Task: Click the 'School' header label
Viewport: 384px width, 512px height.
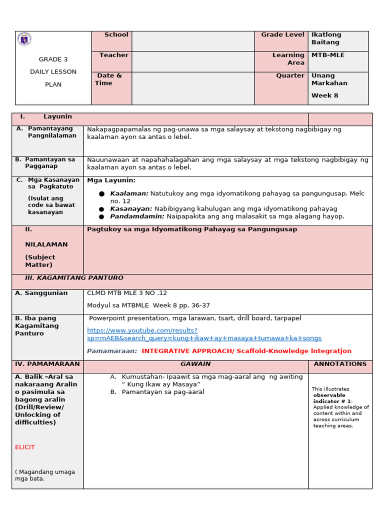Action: coord(116,35)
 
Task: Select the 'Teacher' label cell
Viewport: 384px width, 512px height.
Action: coord(113,55)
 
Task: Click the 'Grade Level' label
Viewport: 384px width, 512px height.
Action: coord(282,35)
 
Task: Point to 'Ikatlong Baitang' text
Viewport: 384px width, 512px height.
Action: coord(326,38)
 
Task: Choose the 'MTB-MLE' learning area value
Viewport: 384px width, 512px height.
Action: coord(327,55)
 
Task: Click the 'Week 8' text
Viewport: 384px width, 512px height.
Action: coord(324,95)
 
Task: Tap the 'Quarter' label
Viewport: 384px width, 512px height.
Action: coord(290,76)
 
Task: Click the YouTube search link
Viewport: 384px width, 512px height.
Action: coord(204,334)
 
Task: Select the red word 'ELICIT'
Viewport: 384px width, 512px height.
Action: coord(25,447)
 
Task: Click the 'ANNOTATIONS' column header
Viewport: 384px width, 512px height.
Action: coord(340,364)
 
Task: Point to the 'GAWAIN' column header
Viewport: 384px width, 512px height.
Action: coord(195,364)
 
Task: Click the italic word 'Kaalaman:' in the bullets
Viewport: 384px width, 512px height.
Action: coord(129,193)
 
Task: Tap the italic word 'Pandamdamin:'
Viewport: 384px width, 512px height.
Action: coord(137,216)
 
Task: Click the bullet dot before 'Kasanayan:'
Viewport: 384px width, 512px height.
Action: coord(101,209)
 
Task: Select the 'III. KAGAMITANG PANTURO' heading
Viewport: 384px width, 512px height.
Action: coord(74,278)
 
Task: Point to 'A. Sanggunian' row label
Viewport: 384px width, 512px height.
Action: coord(41,293)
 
